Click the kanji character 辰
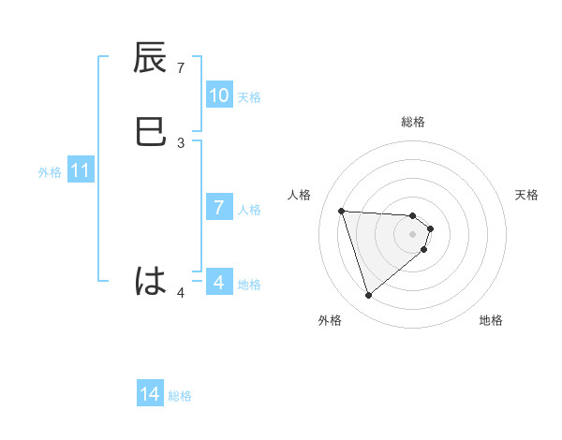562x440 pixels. tap(151, 59)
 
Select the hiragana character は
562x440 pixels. tap(151, 280)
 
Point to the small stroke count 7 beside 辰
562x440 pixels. tap(181, 68)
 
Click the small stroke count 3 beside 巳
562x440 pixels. tap(181, 142)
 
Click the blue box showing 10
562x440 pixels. tap(219, 95)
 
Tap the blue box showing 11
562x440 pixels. tap(80, 171)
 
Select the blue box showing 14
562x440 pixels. tap(150, 395)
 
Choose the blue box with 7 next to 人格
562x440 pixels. tap(219, 208)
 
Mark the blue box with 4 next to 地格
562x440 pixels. tap(219, 282)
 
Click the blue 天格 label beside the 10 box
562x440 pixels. tap(249, 96)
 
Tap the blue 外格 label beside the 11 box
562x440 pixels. tap(50, 172)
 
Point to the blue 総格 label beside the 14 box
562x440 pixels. tap(180, 396)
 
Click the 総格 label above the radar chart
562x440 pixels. tap(413, 122)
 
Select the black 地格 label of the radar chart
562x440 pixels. tap(491, 320)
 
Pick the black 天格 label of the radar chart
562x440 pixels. tap(526, 195)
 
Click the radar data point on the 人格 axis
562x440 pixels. tap(342, 211)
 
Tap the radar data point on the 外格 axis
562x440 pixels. tap(369, 295)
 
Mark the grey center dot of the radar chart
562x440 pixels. tap(413, 234)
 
